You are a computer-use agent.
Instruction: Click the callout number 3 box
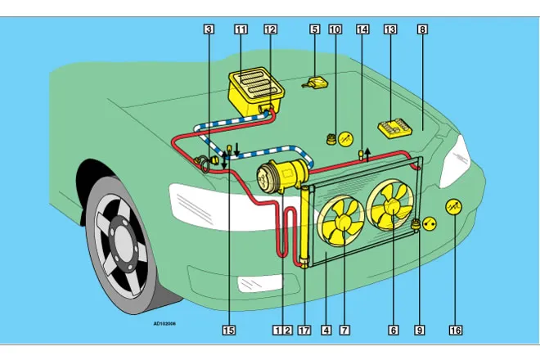[209, 29]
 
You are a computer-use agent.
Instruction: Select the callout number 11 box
[241, 29]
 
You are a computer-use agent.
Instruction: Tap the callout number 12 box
[271, 29]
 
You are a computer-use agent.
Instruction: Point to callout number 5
[314, 29]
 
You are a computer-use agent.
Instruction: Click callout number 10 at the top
[335, 29]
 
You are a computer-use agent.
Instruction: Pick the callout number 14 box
[362, 29]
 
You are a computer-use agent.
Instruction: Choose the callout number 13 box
[390, 29]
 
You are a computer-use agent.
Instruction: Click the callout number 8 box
[422, 29]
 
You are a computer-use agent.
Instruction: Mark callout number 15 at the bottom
[229, 331]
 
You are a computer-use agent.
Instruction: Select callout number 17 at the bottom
[304, 331]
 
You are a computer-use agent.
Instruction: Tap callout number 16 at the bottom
[456, 331]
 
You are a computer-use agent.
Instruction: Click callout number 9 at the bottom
[420, 331]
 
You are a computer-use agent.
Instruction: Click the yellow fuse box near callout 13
[395, 129]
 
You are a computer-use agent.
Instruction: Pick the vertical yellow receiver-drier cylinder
[305, 225]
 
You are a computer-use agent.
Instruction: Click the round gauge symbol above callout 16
[455, 208]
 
